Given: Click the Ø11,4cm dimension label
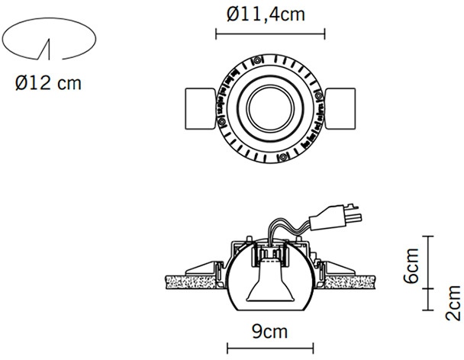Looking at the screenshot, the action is pos(266,14).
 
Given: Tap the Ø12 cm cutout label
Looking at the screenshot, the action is pos(48,83).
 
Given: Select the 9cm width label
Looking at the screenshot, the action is pos(270,332).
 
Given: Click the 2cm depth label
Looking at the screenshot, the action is pos(453,303).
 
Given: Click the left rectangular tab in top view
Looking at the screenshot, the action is pos(201,108).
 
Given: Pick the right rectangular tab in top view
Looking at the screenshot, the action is pos(340,108).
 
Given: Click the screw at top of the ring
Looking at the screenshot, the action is pos(257,61).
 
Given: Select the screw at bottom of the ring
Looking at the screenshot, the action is pos(283,157).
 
